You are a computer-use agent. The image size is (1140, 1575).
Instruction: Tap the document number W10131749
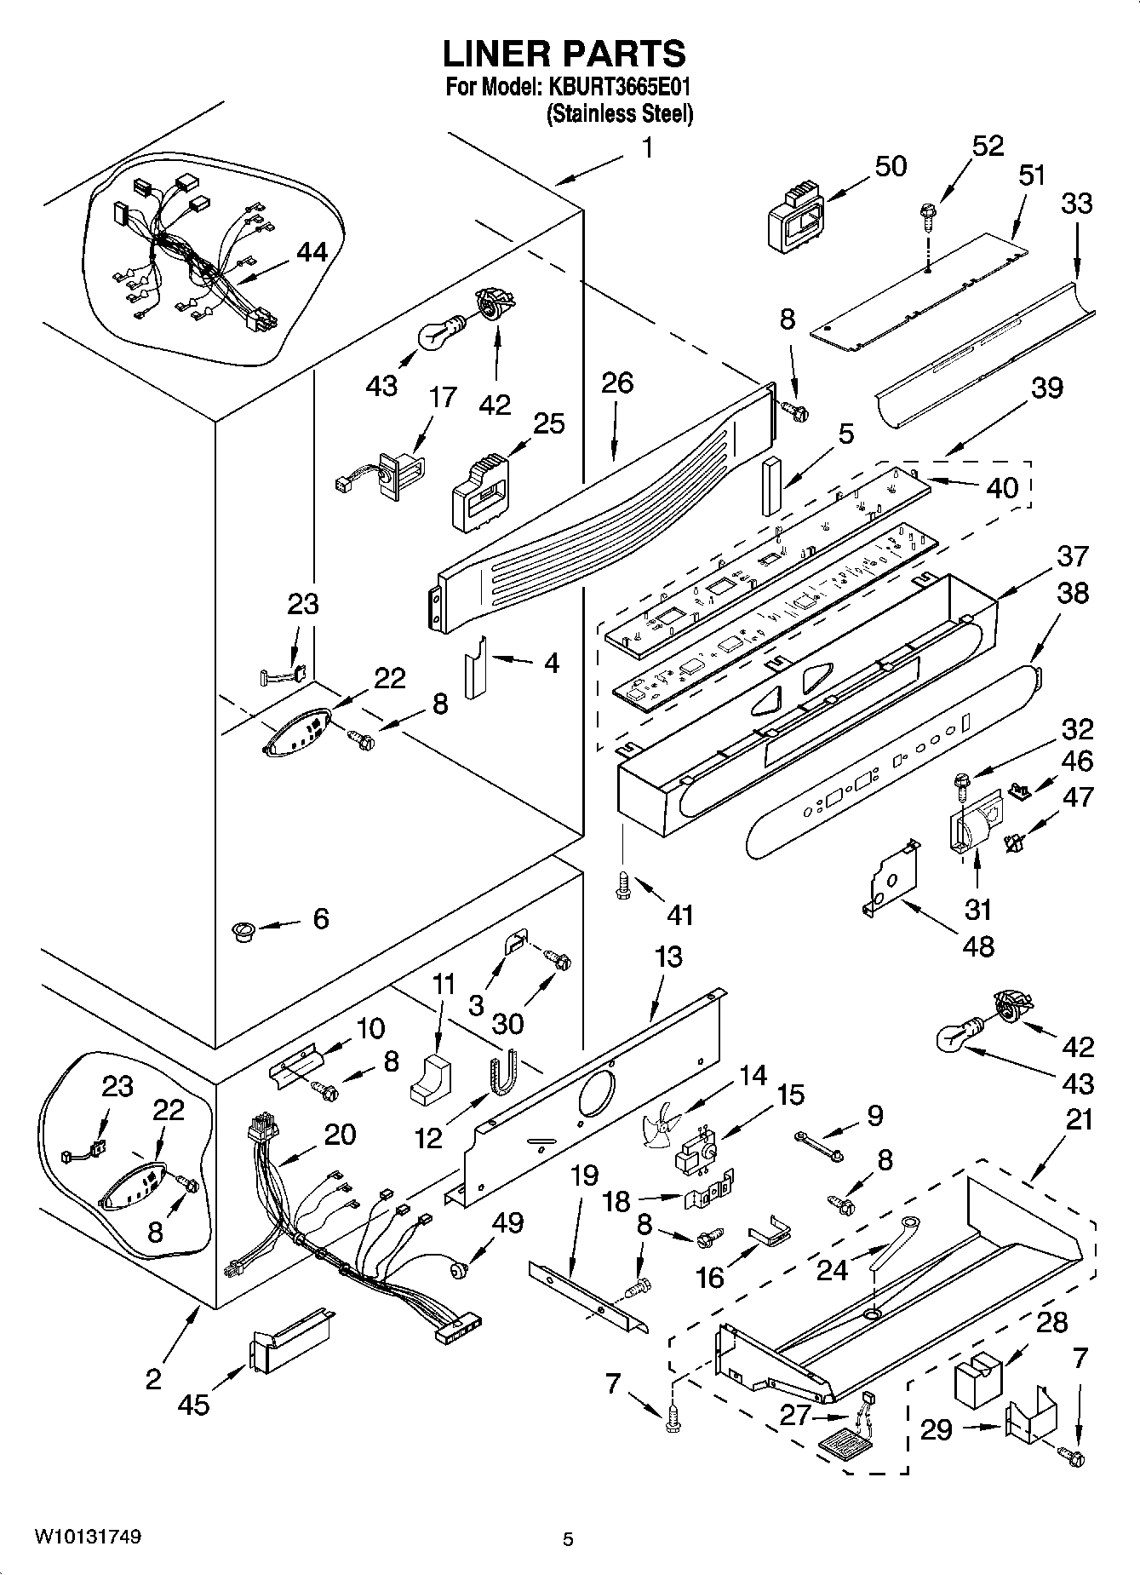point(88,1536)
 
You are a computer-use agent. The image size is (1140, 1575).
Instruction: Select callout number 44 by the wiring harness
point(312,252)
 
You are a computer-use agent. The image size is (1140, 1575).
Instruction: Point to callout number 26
point(616,383)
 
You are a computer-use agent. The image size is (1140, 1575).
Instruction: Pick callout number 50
point(891,166)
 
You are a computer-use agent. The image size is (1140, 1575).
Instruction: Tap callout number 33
point(1077,204)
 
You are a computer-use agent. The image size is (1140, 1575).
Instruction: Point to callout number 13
point(669,957)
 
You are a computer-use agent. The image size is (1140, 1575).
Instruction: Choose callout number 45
point(193,1403)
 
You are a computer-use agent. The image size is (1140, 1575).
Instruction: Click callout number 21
point(1079,1118)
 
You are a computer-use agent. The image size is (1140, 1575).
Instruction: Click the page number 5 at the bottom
point(568,1539)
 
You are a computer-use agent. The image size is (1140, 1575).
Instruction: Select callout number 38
point(1072,593)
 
